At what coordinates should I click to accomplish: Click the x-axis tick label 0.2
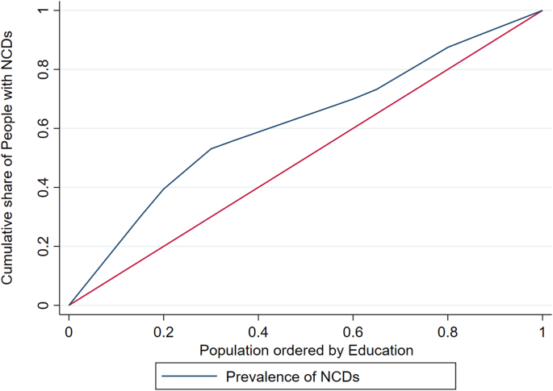(x=163, y=331)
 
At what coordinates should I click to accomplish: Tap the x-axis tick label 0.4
(x=258, y=331)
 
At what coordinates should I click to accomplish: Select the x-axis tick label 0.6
(x=352, y=331)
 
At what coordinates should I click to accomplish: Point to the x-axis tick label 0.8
(x=446, y=331)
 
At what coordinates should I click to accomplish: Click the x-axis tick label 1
(x=541, y=331)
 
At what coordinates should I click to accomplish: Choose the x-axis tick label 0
(x=69, y=331)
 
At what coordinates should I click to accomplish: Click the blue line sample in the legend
(x=190, y=376)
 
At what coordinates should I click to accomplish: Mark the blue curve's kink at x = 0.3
(x=211, y=148)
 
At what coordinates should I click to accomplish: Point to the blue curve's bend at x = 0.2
(x=163, y=189)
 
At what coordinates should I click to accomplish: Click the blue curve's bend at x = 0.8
(x=446, y=47)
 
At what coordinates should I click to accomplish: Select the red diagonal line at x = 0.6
(x=352, y=128)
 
